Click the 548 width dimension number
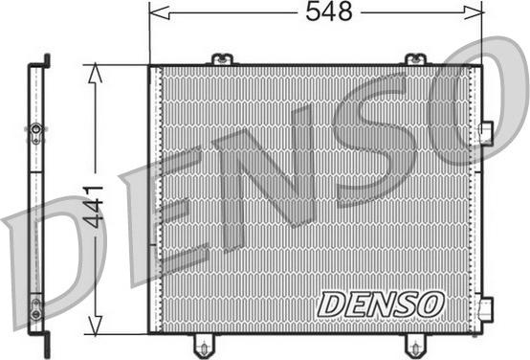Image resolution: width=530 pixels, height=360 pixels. pyautogui.click(x=329, y=11)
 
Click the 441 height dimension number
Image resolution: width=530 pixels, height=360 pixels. pyautogui.click(x=94, y=206)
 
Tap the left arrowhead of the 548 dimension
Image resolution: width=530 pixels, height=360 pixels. pyautogui.click(x=159, y=13)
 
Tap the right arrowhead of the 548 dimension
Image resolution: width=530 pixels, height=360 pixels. pyautogui.click(x=474, y=12)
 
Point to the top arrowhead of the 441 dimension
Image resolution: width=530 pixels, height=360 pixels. pyautogui.click(x=95, y=73)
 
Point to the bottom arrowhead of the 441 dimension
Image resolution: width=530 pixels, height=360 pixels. pyautogui.click(x=96, y=326)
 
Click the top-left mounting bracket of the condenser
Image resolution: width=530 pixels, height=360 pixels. pyautogui.click(x=222, y=59)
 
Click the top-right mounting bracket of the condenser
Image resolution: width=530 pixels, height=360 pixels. pyautogui.click(x=415, y=59)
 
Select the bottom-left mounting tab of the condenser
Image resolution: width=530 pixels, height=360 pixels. pyautogui.click(x=204, y=344)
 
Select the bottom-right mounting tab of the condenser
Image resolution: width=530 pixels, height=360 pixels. pyautogui.click(x=416, y=344)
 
